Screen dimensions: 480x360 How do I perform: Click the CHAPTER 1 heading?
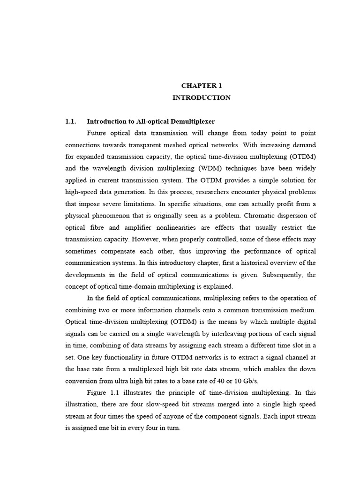(x=201, y=86)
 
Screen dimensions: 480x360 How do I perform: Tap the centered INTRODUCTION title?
(x=201, y=98)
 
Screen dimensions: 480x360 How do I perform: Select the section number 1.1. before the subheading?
(x=71, y=121)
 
